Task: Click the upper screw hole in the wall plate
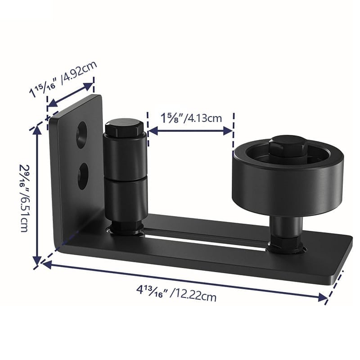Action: [82, 135]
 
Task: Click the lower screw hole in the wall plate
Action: [83, 176]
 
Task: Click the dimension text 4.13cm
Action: [204, 118]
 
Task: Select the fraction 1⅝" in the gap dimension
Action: [172, 118]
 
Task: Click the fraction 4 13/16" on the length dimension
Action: [153, 291]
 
